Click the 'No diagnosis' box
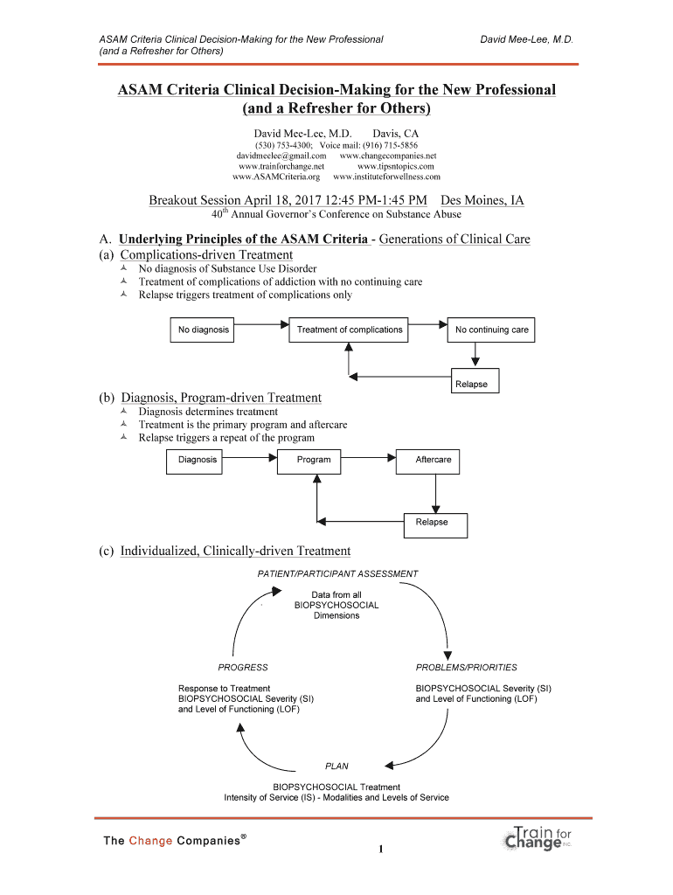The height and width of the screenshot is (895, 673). pyautogui.click(x=204, y=330)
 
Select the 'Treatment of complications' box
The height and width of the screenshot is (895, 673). pyautogui.click(x=350, y=330)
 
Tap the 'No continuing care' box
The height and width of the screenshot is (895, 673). pyautogui.click(x=491, y=330)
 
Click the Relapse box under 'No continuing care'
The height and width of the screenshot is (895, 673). pyautogui.click(x=471, y=384)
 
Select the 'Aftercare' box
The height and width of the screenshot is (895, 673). pyautogui.click(x=433, y=460)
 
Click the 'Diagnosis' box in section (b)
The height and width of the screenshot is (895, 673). pyautogui.click(x=198, y=460)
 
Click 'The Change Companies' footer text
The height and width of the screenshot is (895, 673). pyautogui.click(x=174, y=841)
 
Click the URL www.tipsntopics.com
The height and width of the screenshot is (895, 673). pyautogui.click(x=395, y=165)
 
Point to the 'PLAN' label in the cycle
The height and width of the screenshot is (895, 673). pyautogui.click(x=336, y=766)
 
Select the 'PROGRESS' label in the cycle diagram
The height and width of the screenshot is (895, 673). pyautogui.click(x=243, y=668)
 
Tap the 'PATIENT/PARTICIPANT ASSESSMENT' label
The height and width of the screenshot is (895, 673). pyautogui.click(x=337, y=573)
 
